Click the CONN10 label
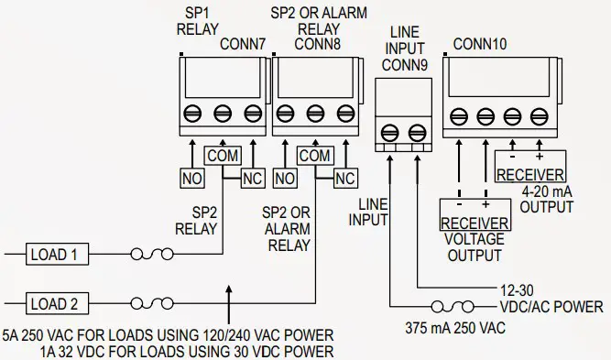click(x=481, y=44)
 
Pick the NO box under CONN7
click(x=191, y=179)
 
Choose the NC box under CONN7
click(x=252, y=179)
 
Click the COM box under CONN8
click(x=315, y=157)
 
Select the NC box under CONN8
click(x=345, y=179)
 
